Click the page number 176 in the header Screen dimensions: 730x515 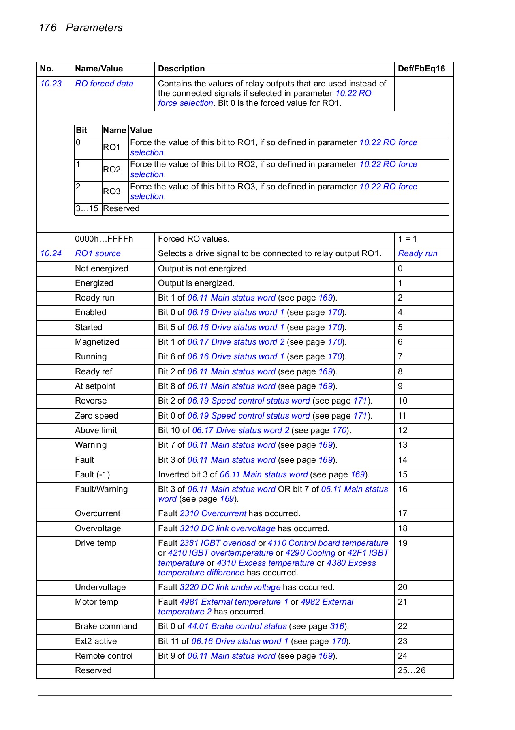click(x=47, y=28)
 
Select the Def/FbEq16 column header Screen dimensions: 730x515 click(x=421, y=69)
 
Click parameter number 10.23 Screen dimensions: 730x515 click(x=51, y=84)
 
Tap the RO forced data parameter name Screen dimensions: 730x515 click(x=104, y=84)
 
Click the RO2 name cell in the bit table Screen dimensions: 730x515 click(x=112, y=170)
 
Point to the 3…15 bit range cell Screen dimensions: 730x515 click(x=87, y=208)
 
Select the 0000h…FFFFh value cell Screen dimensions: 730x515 click(x=104, y=239)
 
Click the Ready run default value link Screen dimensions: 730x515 click(x=417, y=253)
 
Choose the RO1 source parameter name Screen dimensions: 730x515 click(x=98, y=253)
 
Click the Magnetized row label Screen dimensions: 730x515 click(x=97, y=342)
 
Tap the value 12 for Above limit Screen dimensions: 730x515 click(x=402, y=430)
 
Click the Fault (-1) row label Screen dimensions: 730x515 click(x=92, y=474)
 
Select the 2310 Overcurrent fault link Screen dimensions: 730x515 click(x=213, y=513)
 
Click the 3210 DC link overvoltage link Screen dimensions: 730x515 click(x=227, y=528)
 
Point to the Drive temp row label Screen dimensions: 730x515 click(x=96, y=543)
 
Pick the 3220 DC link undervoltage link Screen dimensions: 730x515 click(x=230, y=587)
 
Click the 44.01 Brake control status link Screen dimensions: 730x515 click(x=237, y=626)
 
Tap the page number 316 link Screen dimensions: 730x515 click(x=337, y=626)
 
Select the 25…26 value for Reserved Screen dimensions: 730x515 click(x=411, y=670)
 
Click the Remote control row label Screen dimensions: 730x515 click(x=104, y=656)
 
